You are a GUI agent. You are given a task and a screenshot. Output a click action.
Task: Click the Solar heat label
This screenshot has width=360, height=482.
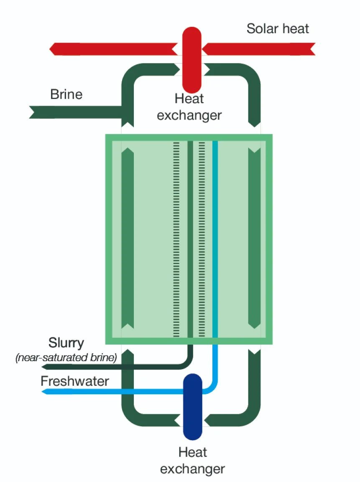pyautogui.click(x=278, y=29)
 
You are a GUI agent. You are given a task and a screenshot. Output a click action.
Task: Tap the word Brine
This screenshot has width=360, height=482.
pyautogui.click(x=66, y=94)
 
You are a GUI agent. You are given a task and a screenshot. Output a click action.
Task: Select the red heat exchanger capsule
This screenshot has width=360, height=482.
pyautogui.click(x=192, y=57)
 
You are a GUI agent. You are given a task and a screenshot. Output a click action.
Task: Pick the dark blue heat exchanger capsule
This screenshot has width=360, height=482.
pyautogui.click(x=193, y=406)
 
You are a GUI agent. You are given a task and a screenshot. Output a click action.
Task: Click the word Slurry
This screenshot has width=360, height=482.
pyautogui.click(x=66, y=343)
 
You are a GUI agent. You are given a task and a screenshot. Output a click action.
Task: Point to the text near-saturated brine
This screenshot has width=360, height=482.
pyautogui.click(x=66, y=358)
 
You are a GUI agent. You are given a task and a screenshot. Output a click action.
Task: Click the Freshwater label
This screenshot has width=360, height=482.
pyautogui.click(x=75, y=381)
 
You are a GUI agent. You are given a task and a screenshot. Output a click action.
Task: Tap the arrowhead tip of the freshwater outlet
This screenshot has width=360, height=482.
pyautogui.click(x=43, y=392)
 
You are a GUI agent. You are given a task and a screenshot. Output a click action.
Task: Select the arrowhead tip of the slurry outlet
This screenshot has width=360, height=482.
pyautogui.click(x=43, y=367)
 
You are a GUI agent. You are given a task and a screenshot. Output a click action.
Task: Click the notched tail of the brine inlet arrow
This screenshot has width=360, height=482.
pyautogui.click(x=32, y=112)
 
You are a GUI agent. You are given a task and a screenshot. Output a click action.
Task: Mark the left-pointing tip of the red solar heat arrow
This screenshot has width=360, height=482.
pyautogui.click(x=51, y=48)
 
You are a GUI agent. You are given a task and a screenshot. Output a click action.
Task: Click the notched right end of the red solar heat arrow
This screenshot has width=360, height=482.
pyautogui.click(x=312, y=49)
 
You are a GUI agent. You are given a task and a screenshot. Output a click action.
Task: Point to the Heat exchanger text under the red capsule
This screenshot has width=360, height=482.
pyautogui.click(x=189, y=107)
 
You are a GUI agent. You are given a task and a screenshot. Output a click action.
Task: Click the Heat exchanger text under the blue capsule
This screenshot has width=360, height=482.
pyautogui.click(x=192, y=460)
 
